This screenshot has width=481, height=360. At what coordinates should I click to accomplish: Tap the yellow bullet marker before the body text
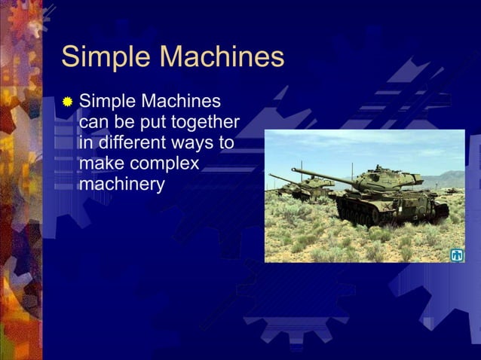pyautogui.click(x=68, y=101)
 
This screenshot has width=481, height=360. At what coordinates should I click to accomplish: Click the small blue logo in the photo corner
pyautogui.click(x=456, y=255)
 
